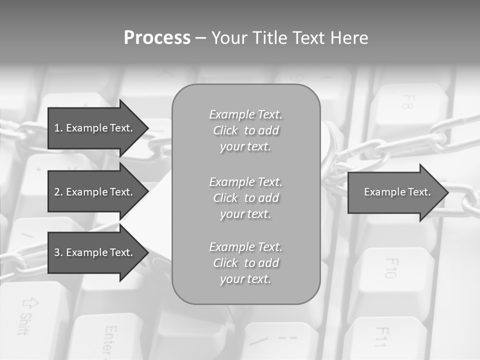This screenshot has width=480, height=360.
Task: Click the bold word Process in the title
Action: point(157,38)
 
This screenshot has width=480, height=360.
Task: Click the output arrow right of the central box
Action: point(395,192)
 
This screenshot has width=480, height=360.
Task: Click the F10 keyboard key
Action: point(392,270)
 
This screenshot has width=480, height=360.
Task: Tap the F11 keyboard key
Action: point(382,337)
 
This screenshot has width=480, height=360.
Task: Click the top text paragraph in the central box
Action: point(245,130)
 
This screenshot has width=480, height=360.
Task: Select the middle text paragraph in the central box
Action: point(245,198)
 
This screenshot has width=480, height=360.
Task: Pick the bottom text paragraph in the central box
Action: point(245,263)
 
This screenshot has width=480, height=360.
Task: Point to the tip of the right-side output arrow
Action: point(446,192)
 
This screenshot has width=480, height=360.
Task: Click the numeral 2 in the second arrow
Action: point(57,192)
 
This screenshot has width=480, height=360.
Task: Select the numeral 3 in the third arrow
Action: point(57,252)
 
